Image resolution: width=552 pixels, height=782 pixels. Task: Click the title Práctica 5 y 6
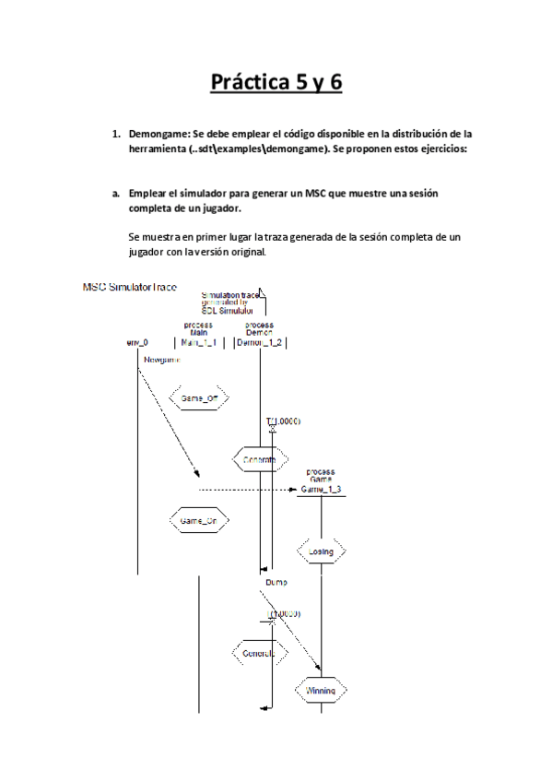[x=276, y=83]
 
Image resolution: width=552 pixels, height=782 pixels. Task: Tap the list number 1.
[x=115, y=135]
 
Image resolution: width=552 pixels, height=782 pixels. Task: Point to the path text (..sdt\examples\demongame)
[x=257, y=149]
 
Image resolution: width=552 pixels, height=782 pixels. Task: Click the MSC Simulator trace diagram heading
[x=130, y=288]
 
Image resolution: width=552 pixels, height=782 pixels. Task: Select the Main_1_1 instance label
[x=198, y=342]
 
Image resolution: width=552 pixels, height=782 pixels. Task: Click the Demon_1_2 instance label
[x=259, y=342]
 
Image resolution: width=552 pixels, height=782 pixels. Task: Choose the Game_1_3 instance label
[x=321, y=489]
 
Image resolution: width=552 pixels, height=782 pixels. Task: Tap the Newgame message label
[x=161, y=360]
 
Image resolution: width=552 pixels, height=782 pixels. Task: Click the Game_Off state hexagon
[x=198, y=398]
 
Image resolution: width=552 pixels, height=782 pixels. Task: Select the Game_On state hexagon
[x=198, y=521]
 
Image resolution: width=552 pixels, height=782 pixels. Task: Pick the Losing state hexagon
[x=321, y=551]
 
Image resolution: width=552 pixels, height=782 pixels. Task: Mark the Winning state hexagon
[x=321, y=689]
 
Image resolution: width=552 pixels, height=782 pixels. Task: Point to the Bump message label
[x=276, y=582]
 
